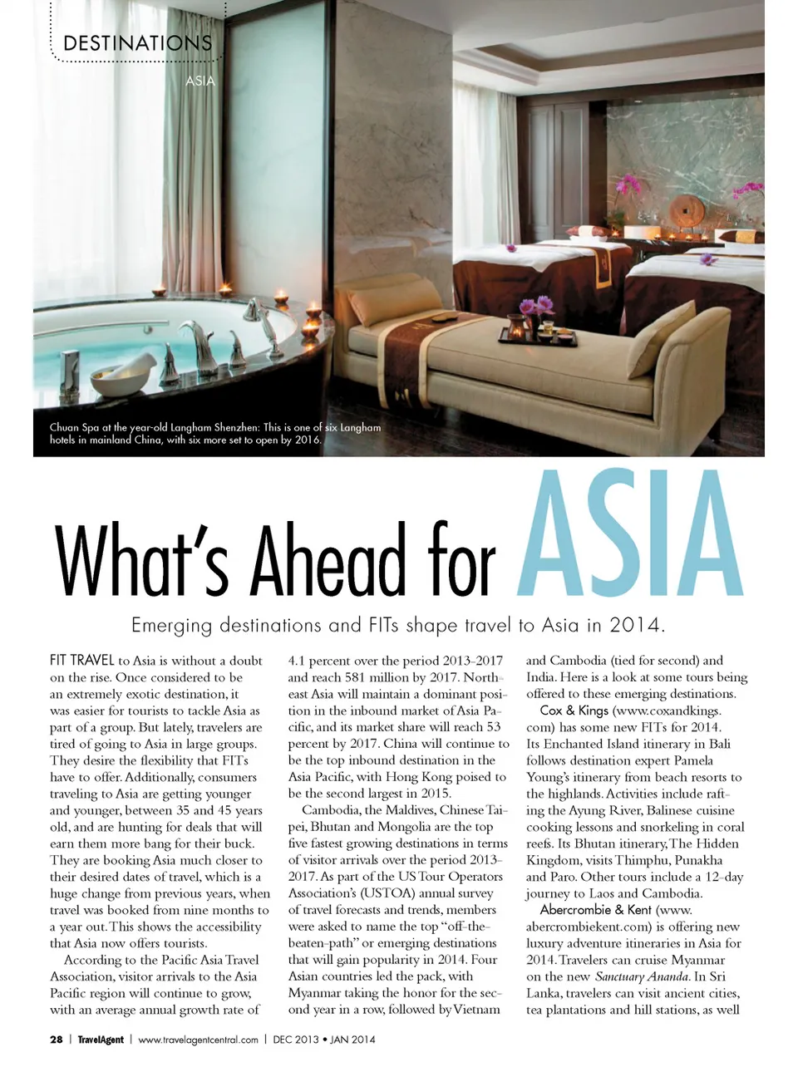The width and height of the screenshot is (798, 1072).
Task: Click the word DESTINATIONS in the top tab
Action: click(x=137, y=42)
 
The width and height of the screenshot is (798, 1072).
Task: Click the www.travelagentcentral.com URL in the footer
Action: click(x=198, y=1040)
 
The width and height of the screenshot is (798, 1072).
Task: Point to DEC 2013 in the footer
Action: click(x=295, y=1040)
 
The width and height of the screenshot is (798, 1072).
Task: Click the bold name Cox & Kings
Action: click(x=574, y=711)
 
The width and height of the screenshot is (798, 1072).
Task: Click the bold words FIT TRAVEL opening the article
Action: click(x=81, y=661)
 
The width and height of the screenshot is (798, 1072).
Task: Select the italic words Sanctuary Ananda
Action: click(x=642, y=976)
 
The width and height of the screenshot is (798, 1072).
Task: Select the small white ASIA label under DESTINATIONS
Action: click(x=199, y=81)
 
